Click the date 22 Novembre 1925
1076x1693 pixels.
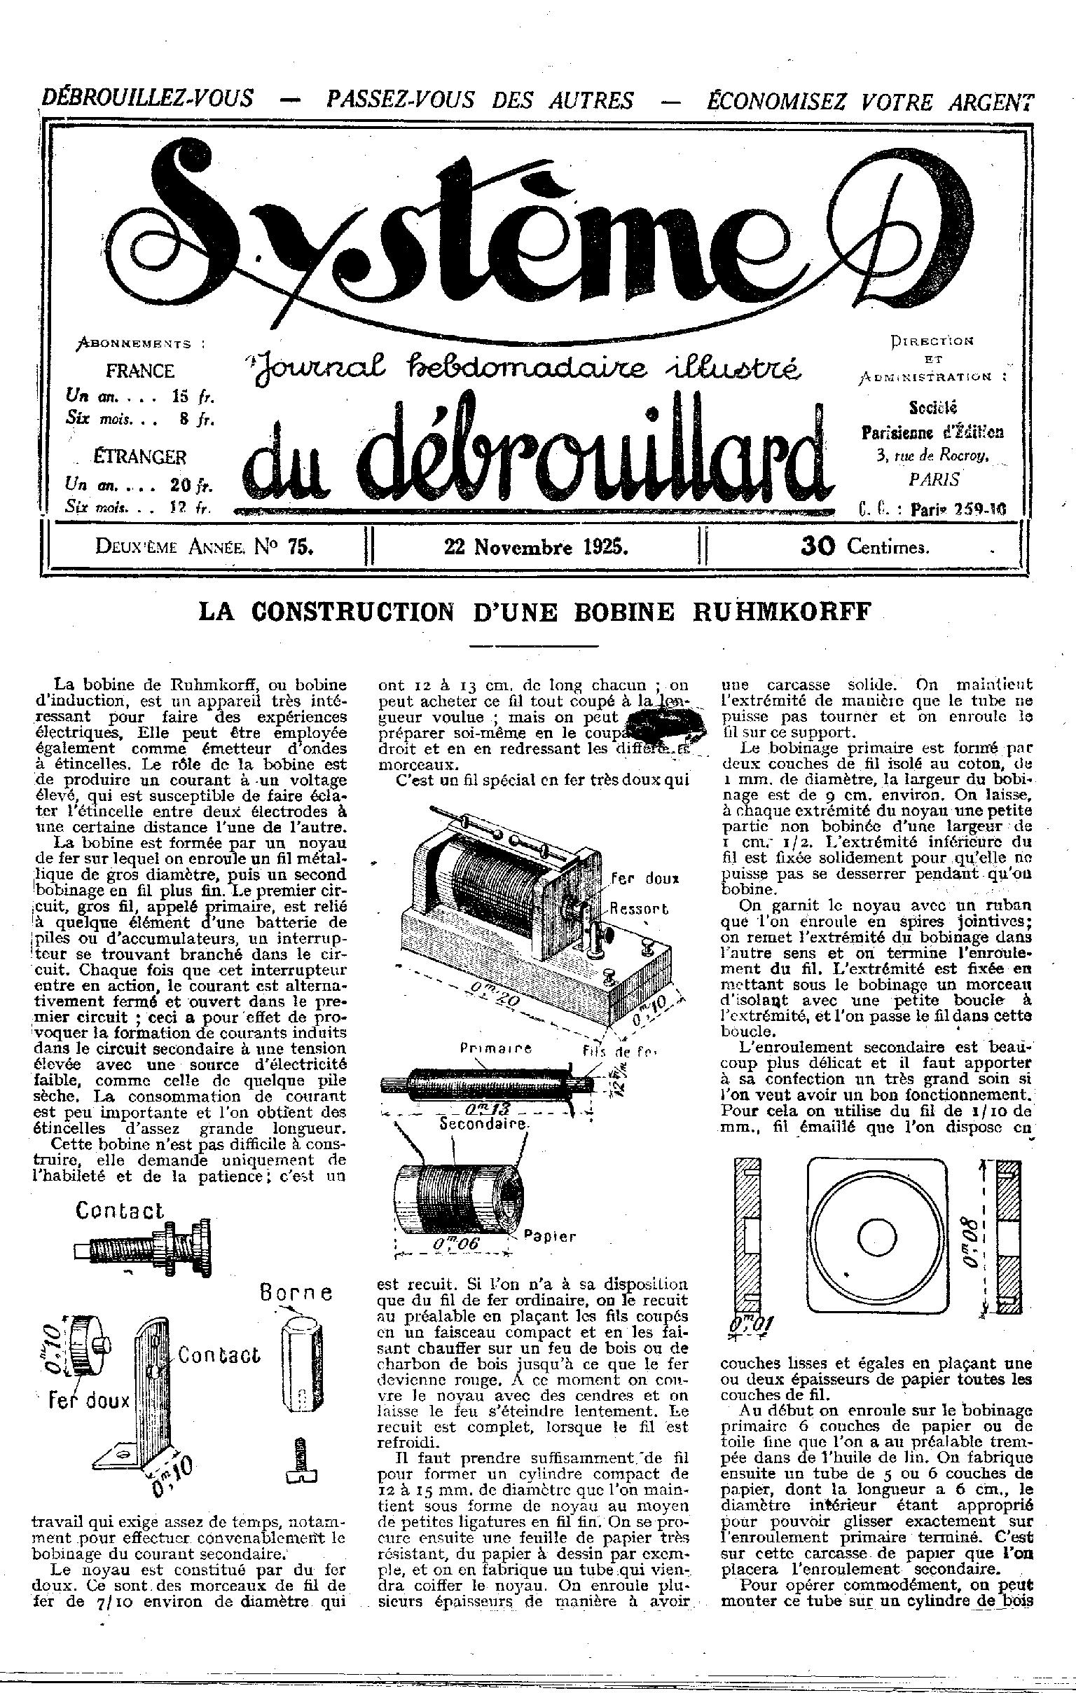coord(535,547)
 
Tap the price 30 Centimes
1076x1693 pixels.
coord(864,547)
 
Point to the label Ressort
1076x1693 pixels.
coord(638,907)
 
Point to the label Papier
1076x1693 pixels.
coord(551,1235)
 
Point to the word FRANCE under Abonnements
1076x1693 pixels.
coord(140,371)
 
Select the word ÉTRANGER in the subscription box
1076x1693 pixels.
coord(140,457)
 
